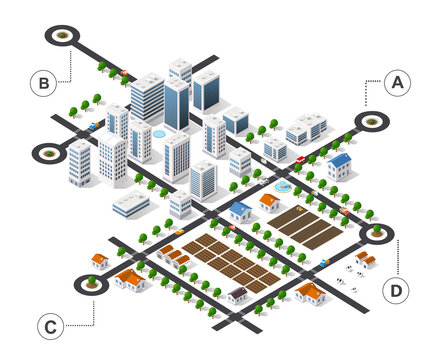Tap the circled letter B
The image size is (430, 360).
(43, 83)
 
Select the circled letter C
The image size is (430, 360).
(48, 326)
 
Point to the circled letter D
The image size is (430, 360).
(397, 291)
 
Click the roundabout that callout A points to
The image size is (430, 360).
(373, 122)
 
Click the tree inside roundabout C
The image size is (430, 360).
(92, 282)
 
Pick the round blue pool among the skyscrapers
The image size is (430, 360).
(159, 132)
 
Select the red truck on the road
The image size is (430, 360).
(300, 159)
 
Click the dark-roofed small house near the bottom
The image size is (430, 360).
(237, 294)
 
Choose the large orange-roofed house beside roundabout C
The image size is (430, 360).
(130, 280)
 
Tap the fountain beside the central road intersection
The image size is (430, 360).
(283, 186)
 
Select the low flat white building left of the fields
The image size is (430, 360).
(130, 205)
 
